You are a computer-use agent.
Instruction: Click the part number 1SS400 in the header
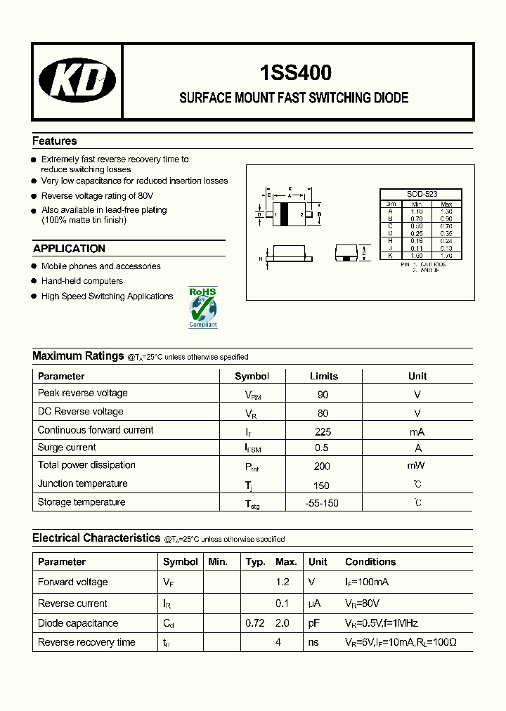coord(296,73)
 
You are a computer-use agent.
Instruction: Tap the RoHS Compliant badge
coord(203,307)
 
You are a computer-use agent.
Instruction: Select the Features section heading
coord(55,141)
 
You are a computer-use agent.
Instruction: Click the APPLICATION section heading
coord(69,249)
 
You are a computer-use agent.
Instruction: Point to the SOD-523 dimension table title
coord(421,195)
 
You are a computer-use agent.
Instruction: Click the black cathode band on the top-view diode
coord(285,214)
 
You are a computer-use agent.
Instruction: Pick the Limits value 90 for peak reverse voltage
coord(323,394)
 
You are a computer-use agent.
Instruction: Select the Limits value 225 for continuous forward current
coord(323,431)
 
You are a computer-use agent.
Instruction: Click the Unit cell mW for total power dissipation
coord(417,465)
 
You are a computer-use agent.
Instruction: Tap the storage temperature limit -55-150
coord(323,503)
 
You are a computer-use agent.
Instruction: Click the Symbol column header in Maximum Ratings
coord(252,376)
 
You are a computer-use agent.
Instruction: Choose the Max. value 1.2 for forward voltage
coord(282,582)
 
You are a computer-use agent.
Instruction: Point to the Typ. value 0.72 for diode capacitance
coord(254,623)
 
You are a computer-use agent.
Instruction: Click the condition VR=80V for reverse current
coord(363,604)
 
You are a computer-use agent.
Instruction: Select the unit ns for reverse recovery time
coord(313,642)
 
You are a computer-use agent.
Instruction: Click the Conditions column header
coord(370,562)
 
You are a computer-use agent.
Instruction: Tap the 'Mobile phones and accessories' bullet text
coord(100,266)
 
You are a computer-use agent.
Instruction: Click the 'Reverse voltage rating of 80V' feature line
coord(97,196)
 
